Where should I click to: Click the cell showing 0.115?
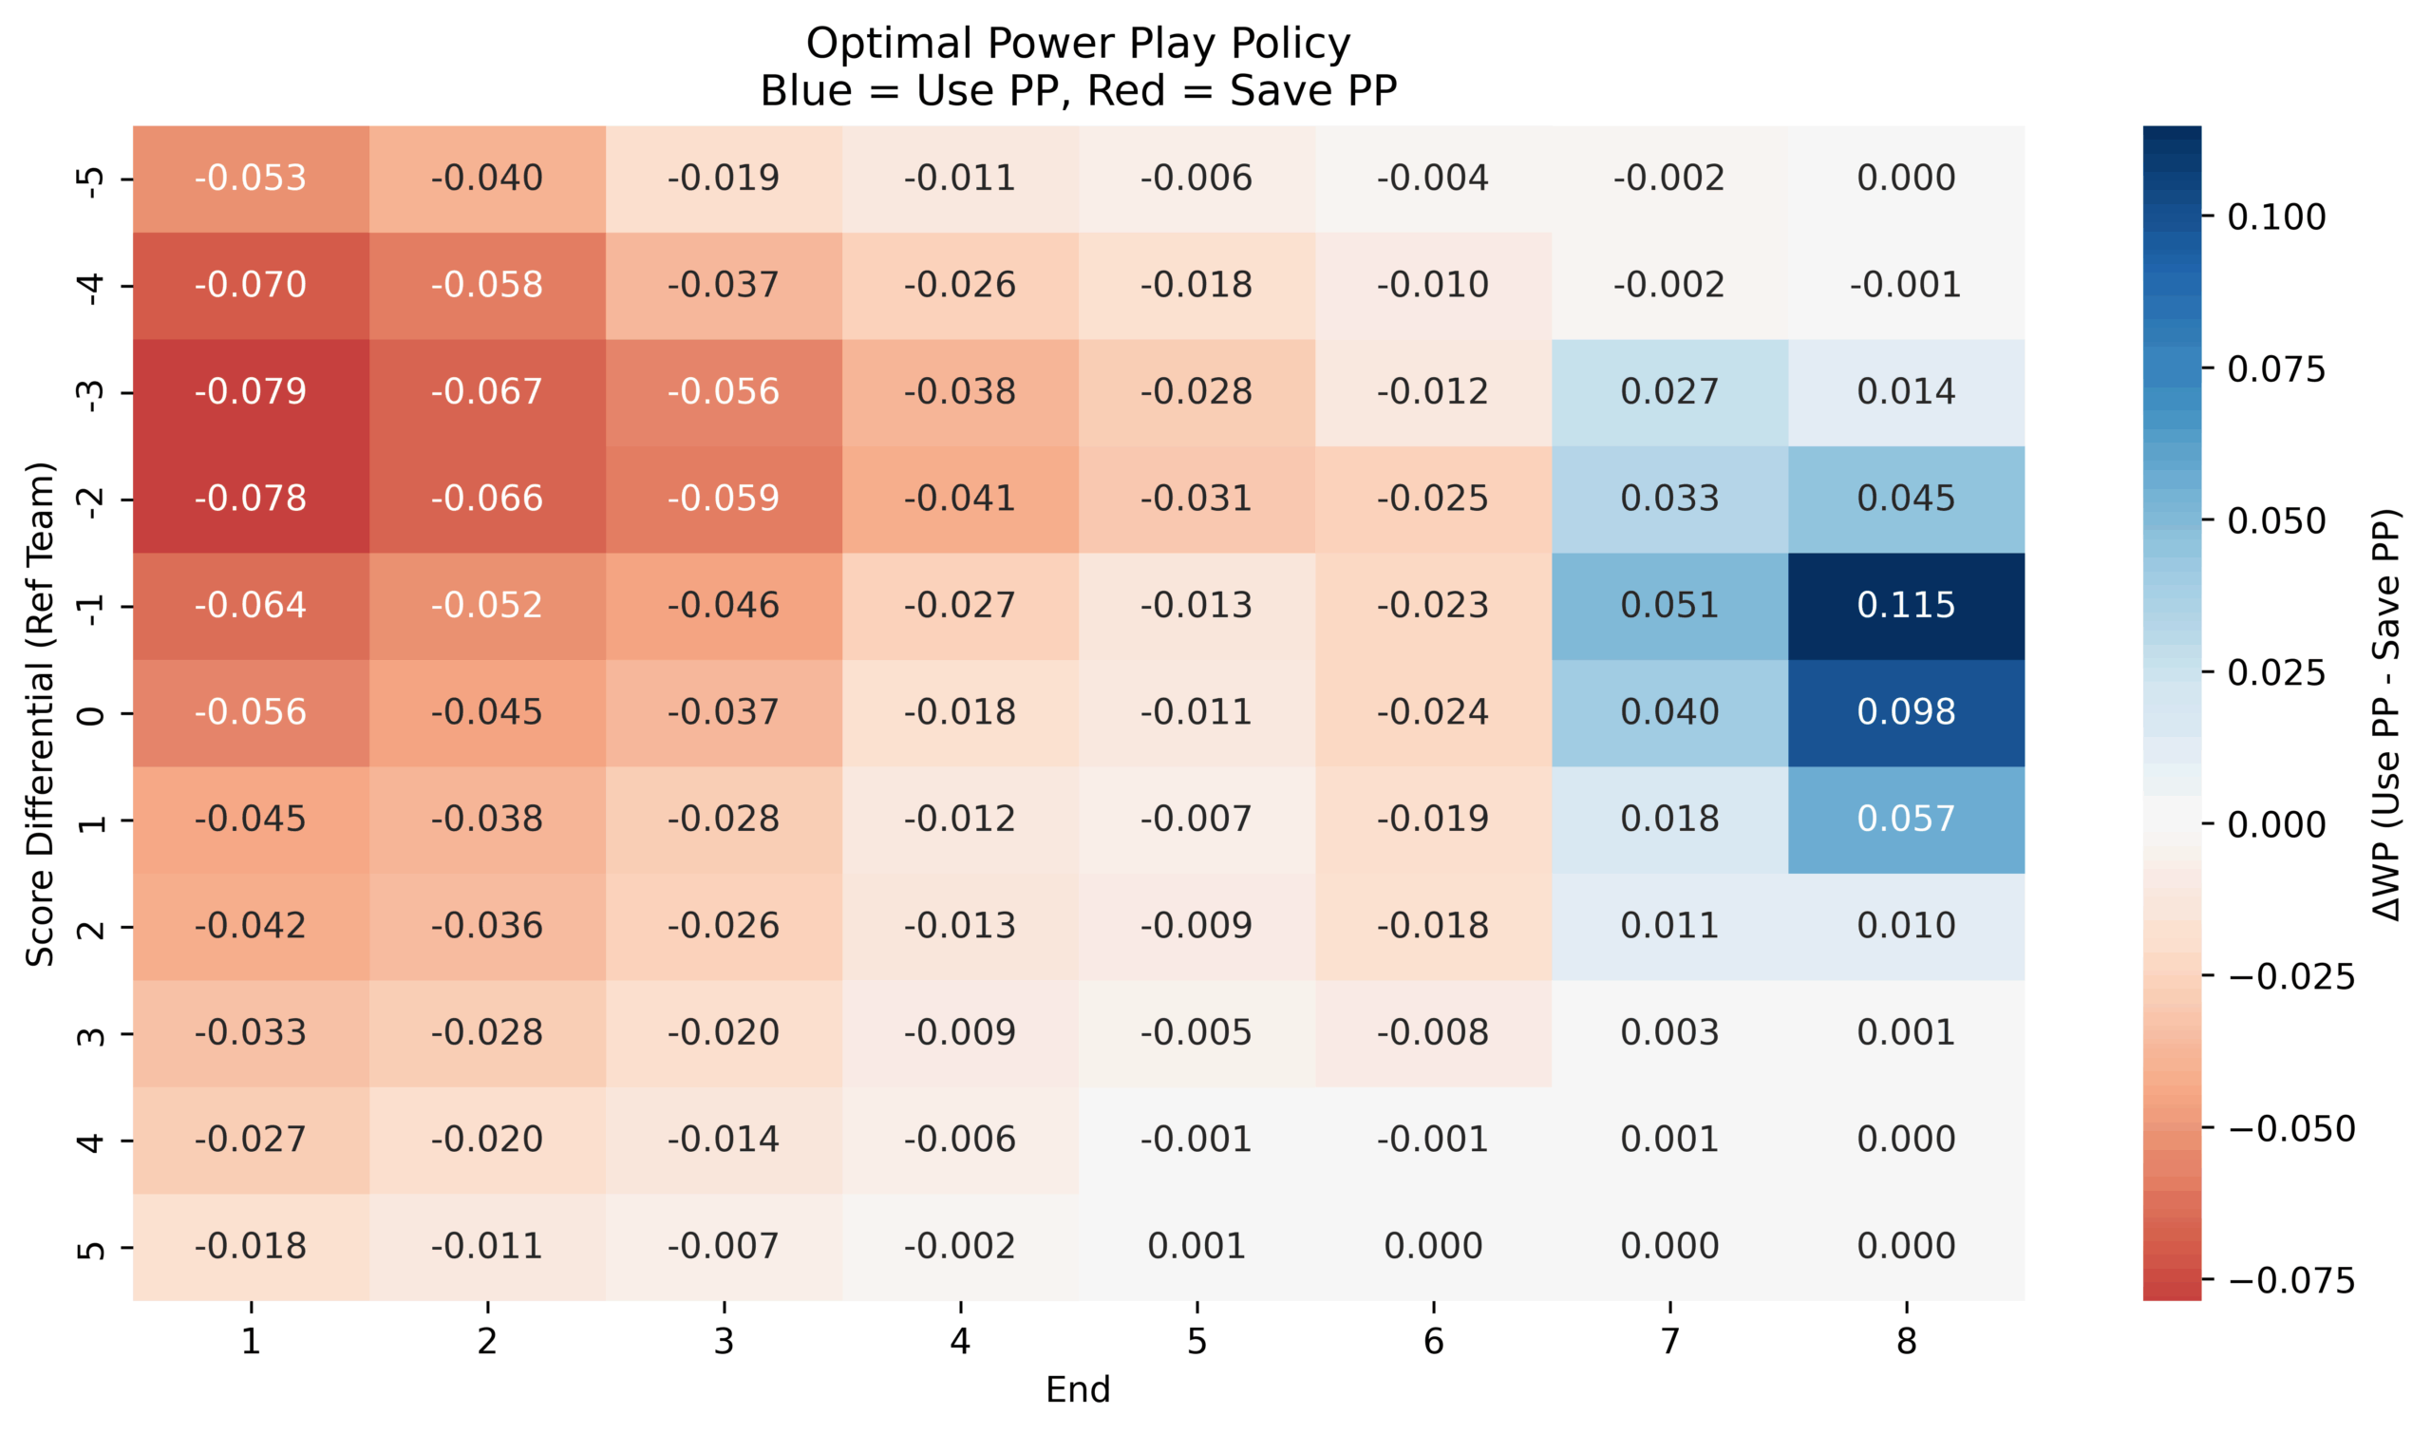(1905, 606)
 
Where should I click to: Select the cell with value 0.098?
(1905, 712)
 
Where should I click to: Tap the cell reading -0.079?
(251, 391)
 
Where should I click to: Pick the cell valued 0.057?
(1905, 820)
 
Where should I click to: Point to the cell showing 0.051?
(1668, 606)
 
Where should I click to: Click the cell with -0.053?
(251, 178)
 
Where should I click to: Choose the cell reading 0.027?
(1668, 391)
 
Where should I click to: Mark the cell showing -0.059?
(723, 499)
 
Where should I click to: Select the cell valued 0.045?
(1905, 499)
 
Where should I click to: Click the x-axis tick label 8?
(1905, 1341)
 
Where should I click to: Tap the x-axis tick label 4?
(959, 1341)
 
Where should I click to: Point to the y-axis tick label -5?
(90, 179)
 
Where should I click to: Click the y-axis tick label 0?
(90, 714)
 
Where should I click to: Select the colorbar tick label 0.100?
(2275, 217)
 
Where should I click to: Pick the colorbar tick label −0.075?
(2290, 1281)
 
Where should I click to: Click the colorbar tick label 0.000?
(2275, 825)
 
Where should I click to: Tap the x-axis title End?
(1077, 1389)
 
